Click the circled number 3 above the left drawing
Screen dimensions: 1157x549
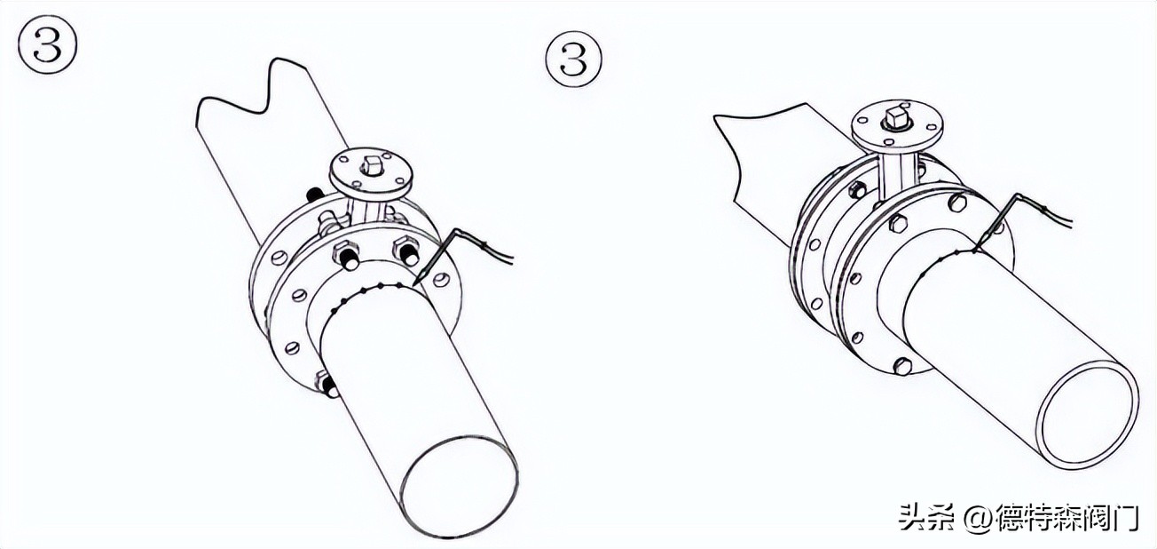click(48, 44)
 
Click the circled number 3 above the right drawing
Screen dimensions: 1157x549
click(574, 59)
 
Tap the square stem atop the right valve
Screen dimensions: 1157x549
click(894, 118)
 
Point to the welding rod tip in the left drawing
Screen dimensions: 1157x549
click(416, 282)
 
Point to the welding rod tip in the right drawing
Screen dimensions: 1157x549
click(976, 251)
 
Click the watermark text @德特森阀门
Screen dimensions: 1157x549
click(1050, 517)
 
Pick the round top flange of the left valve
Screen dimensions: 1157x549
click(372, 175)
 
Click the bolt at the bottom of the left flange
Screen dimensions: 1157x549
click(326, 384)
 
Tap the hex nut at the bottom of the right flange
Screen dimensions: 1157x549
click(903, 365)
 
